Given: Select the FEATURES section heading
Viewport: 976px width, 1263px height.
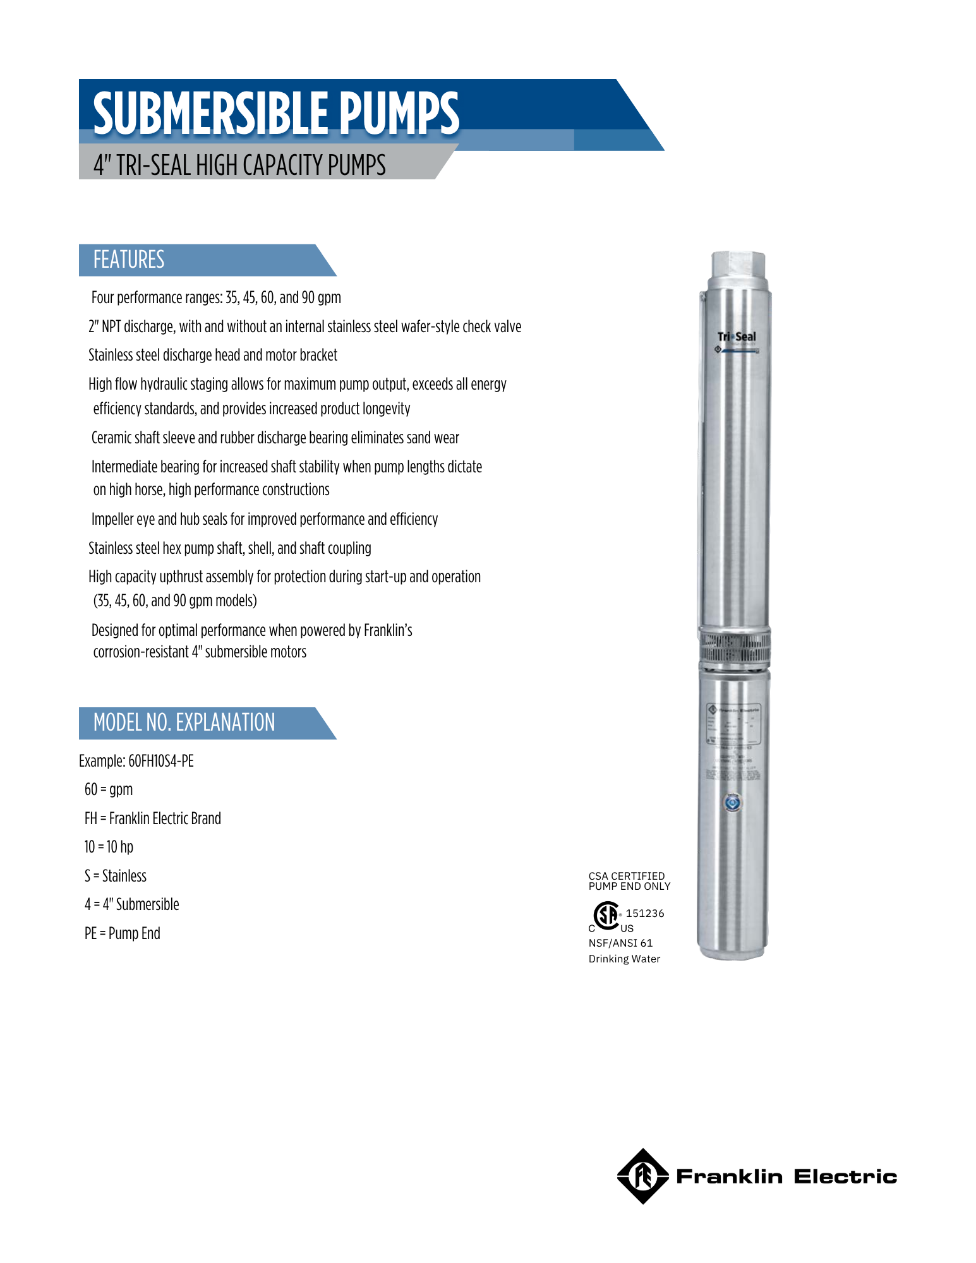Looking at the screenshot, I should click(x=129, y=260).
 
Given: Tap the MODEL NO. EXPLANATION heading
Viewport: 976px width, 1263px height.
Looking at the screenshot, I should click(x=184, y=722).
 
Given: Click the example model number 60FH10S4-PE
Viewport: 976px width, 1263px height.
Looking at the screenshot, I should click(x=160, y=761).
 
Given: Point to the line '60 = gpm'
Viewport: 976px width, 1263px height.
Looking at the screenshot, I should click(x=109, y=789).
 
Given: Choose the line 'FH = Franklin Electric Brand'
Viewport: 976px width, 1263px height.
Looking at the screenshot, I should click(x=153, y=818).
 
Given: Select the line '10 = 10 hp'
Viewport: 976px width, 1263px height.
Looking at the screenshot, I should click(x=109, y=847).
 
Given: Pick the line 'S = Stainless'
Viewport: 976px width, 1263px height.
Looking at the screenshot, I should click(x=116, y=876).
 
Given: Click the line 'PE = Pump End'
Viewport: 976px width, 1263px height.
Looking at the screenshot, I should click(x=123, y=933).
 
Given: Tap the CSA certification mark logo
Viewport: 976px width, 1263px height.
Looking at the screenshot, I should click(x=607, y=916).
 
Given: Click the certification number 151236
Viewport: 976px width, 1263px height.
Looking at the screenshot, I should click(x=645, y=913).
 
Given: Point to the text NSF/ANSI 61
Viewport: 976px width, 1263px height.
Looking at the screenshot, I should click(x=620, y=943).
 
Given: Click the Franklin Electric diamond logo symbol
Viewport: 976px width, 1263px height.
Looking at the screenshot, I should click(x=642, y=1176).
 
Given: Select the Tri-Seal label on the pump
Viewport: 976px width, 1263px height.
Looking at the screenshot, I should click(x=736, y=337).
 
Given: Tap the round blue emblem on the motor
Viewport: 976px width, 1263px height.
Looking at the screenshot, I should click(x=733, y=803).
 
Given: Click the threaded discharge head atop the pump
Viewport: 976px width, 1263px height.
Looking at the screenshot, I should click(x=738, y=265).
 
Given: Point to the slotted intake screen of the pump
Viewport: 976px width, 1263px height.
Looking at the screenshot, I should click(x=734, y=647).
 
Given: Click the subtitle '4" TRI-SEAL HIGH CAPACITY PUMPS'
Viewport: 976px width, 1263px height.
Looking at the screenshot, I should click(x=239, y=165).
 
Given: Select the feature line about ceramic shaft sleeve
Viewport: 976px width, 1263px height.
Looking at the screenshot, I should click(x=275, y=438).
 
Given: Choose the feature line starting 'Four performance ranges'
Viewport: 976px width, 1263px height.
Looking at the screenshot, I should click(x=216, y=297).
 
